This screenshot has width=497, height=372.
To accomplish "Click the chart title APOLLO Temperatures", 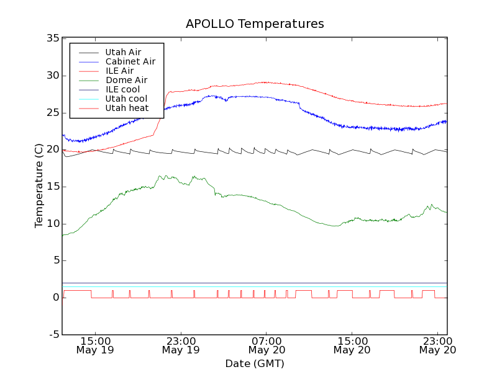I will tap(255, 24).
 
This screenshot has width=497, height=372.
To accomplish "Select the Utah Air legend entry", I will tap(123, 52).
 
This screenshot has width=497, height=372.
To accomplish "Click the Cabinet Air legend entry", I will tap(130, 61).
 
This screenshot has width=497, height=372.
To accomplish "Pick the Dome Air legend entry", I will tap(126, 80).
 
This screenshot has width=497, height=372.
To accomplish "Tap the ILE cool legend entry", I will tap(122, 89).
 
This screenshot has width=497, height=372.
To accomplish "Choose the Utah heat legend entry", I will tap(126, 108).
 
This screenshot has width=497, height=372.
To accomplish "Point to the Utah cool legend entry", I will tap(126, 99).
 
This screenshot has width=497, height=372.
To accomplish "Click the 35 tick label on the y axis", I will tap(52, 38).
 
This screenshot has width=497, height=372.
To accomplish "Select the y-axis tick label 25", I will tap(52, 113).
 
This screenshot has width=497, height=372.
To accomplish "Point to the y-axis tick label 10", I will tap(52, 224).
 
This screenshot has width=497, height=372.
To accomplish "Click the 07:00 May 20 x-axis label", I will tap(266, 345).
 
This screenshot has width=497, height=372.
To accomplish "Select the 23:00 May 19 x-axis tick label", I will tap(181, 345).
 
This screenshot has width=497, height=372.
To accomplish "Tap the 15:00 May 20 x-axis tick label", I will tap(352, 345).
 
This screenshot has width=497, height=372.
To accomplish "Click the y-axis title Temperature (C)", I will tap(39, 186).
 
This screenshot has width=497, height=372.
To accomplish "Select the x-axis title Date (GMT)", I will tap(255, 363).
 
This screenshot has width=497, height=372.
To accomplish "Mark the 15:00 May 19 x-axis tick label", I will tap(95, 345).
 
